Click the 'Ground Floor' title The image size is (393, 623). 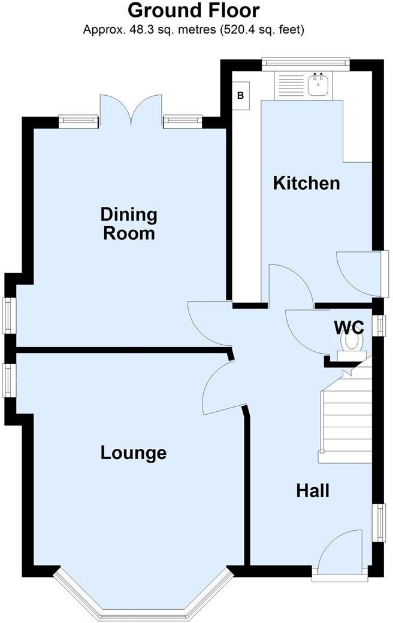(x=194, y=11)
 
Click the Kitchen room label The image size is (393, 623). (x=306, y=183)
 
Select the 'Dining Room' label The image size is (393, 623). (x=129, y=223)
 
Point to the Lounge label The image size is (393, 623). (x=133, y=453)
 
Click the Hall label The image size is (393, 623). (x=313, y=491)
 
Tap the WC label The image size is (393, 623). (x=349, y=327)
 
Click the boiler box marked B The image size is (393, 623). (x=241, y=96)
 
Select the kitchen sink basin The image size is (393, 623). (x=318, y=86)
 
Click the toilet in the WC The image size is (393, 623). (x=351, y=343)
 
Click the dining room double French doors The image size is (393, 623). (x=131, y=110)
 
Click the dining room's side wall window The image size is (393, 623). (x=8, y=315)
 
